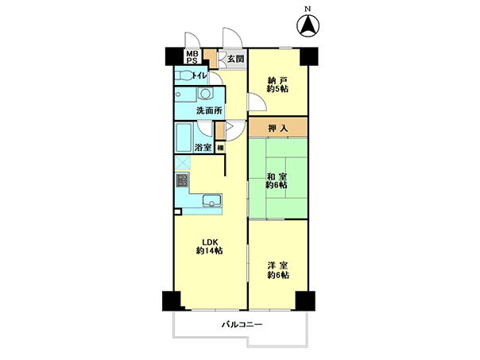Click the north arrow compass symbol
tap(308, 25)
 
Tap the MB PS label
tap(192, 57)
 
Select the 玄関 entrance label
tap(236, 59)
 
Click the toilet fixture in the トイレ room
tap(184, 75)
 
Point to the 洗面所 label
tap(209, 110)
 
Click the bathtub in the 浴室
tap(184, 137)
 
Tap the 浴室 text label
tap(203, 147)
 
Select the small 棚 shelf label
tap(220, 148)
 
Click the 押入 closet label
tap(278, 128)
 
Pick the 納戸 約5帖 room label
tap(277, 85)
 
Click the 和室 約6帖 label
tap(277, 180)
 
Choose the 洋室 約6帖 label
tap(278, 270)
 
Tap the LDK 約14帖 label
tap(209, 246)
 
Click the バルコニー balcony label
tap(242, 324)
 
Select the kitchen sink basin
tap(212, 201)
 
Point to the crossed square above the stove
tap(183, 163)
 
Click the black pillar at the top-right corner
tap(309, 56)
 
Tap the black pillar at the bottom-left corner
tap(172, 301)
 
